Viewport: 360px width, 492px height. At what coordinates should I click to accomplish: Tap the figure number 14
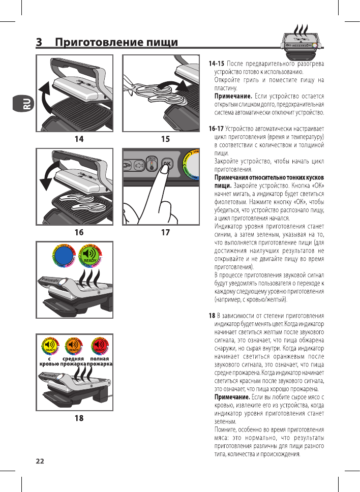click(x=78, y=138)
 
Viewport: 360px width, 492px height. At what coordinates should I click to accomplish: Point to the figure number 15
click(x=165, y=138)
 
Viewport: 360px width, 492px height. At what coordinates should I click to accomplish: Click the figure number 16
click(x=78, y=233)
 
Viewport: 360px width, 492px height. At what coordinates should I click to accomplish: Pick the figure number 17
click(x=165, y=233)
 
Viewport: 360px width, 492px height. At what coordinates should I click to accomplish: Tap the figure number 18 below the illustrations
click(x=79, y=418)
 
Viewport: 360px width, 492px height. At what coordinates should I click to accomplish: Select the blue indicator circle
click(x=64, y=256)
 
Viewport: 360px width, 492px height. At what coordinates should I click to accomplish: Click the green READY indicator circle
click(x=90, y=256)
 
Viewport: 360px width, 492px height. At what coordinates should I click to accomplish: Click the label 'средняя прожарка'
click(x=73, y=361)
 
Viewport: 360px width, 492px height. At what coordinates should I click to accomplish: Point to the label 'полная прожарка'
click(x=100, y=361)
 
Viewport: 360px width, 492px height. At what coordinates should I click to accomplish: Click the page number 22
click(x=40, y=461)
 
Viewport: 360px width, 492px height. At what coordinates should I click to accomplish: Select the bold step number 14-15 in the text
click(x=217, y=64)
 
